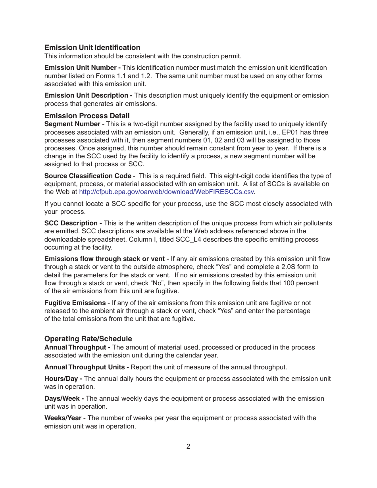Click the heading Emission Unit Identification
pyautogui.click(x=92, y=48)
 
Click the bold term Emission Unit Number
pyautogui.click(x=80, y=68)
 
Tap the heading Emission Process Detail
pyautogui.click(x=87, y=116)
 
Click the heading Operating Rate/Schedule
pyautogui.click(x=88, y=339)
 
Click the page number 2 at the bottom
pyautogui.click(x=188, y=447)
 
